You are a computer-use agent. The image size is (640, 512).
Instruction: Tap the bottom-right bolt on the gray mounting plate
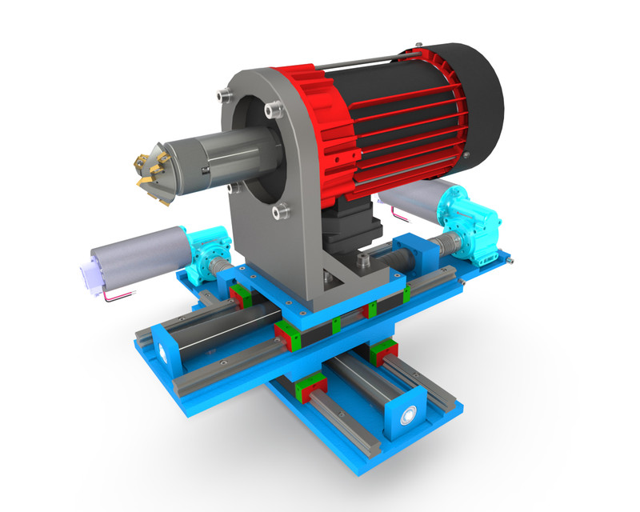click(x=279, y=212)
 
